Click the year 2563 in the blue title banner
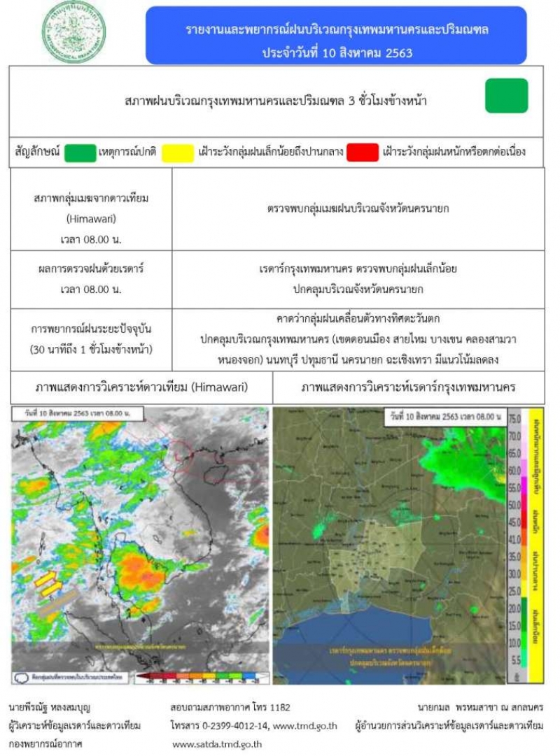click(x=397, y=52)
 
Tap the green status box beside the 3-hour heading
click(x=506, y=96)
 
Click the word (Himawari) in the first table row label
click(x=91, y=218)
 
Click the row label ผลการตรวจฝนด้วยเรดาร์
click(x=91, y=269)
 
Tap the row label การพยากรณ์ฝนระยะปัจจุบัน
click(x=91, y=328)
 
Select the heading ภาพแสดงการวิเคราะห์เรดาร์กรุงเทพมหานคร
click(x=398, y=387)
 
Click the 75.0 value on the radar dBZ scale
click(x=514, y=418)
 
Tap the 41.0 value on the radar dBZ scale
click(x=514, y=539)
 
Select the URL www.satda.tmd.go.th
click(x=217, y=744)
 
